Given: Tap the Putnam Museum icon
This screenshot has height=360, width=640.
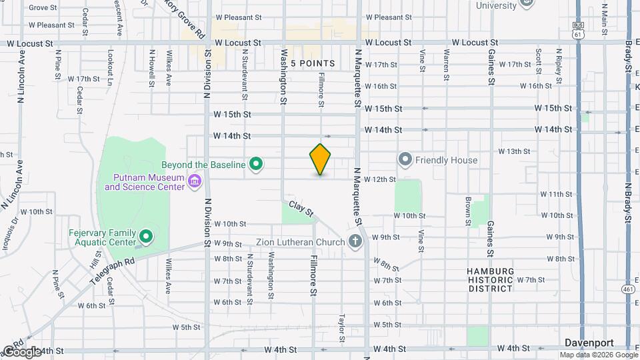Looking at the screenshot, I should [x=195, y=181].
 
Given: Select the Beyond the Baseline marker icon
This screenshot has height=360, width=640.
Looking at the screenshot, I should [x=255, y=163].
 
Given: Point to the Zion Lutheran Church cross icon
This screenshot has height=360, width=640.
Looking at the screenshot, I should [x=355, y=241].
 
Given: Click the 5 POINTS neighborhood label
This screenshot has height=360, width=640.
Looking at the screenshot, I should [x=311, y=63].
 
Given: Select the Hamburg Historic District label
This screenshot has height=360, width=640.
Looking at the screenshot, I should [x=490, y=279].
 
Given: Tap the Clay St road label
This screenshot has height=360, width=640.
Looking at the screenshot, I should [x=301, y=209].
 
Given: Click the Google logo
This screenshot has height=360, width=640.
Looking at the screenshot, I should [x=21, y=351].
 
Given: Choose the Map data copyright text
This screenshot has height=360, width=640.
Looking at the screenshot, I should [x=599, y=354].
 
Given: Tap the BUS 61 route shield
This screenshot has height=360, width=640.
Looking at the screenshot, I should [x=578, y=29].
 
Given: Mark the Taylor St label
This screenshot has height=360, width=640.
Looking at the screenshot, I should [x=342, y=328].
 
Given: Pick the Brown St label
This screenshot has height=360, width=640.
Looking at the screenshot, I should [x=469, y=209].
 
